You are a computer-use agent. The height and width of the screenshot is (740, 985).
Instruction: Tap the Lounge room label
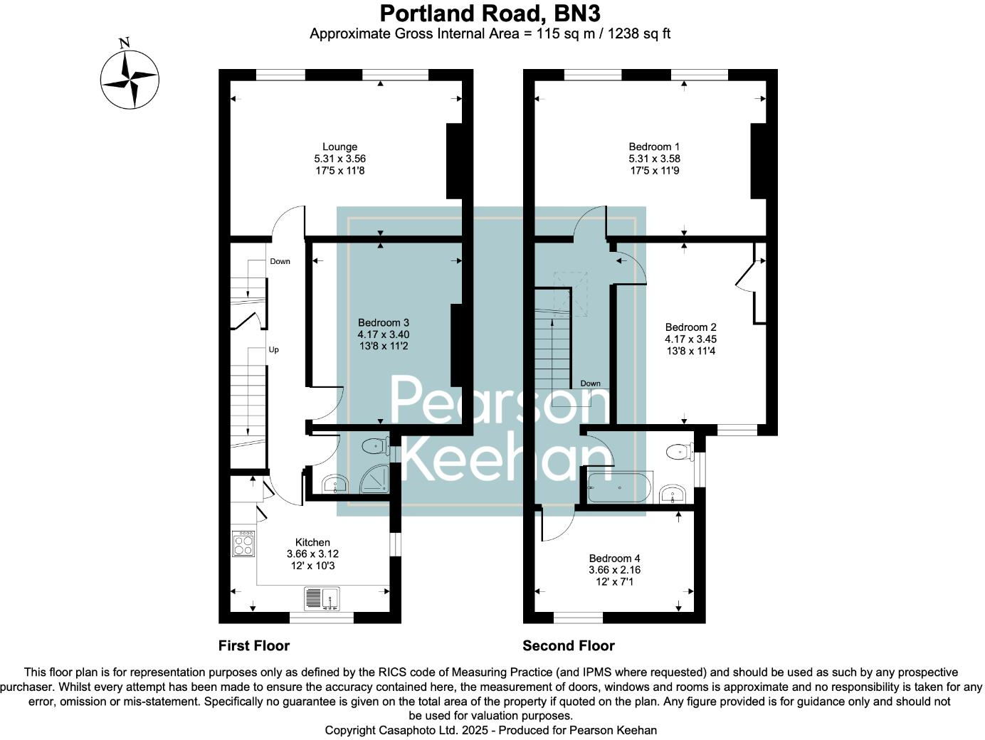(339, 147)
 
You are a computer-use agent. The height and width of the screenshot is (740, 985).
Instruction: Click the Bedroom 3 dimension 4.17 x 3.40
(384, 334)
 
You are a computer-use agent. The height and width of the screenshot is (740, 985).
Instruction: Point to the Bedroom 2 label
(690, 327)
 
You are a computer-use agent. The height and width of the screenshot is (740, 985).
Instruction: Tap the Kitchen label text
(312, 542)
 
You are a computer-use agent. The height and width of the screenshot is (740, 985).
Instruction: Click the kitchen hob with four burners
(243, 544)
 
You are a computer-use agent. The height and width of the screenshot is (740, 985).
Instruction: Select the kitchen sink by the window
(322, 599)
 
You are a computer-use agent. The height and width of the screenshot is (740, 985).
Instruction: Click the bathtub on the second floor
(619, 488)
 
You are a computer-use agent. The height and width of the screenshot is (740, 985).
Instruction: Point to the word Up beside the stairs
(274, 350)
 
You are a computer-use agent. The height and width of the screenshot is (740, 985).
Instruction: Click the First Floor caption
(254, 645)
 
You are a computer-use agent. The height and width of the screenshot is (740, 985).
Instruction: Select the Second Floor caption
(568, 645)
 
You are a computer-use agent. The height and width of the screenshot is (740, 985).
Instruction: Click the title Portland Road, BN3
(490, 14)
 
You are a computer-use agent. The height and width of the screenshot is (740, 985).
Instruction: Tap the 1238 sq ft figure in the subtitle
(638, 33)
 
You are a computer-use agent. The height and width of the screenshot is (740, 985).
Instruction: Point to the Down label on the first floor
(280, 261)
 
